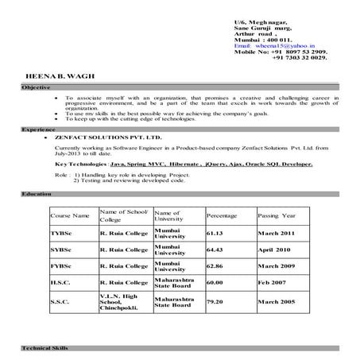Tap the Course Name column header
[x=70, y=215]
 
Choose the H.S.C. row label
[x=60, y=282]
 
